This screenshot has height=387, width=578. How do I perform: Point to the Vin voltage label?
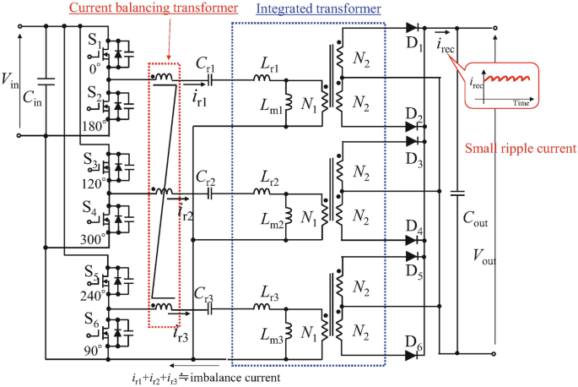(x=10, y=79)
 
